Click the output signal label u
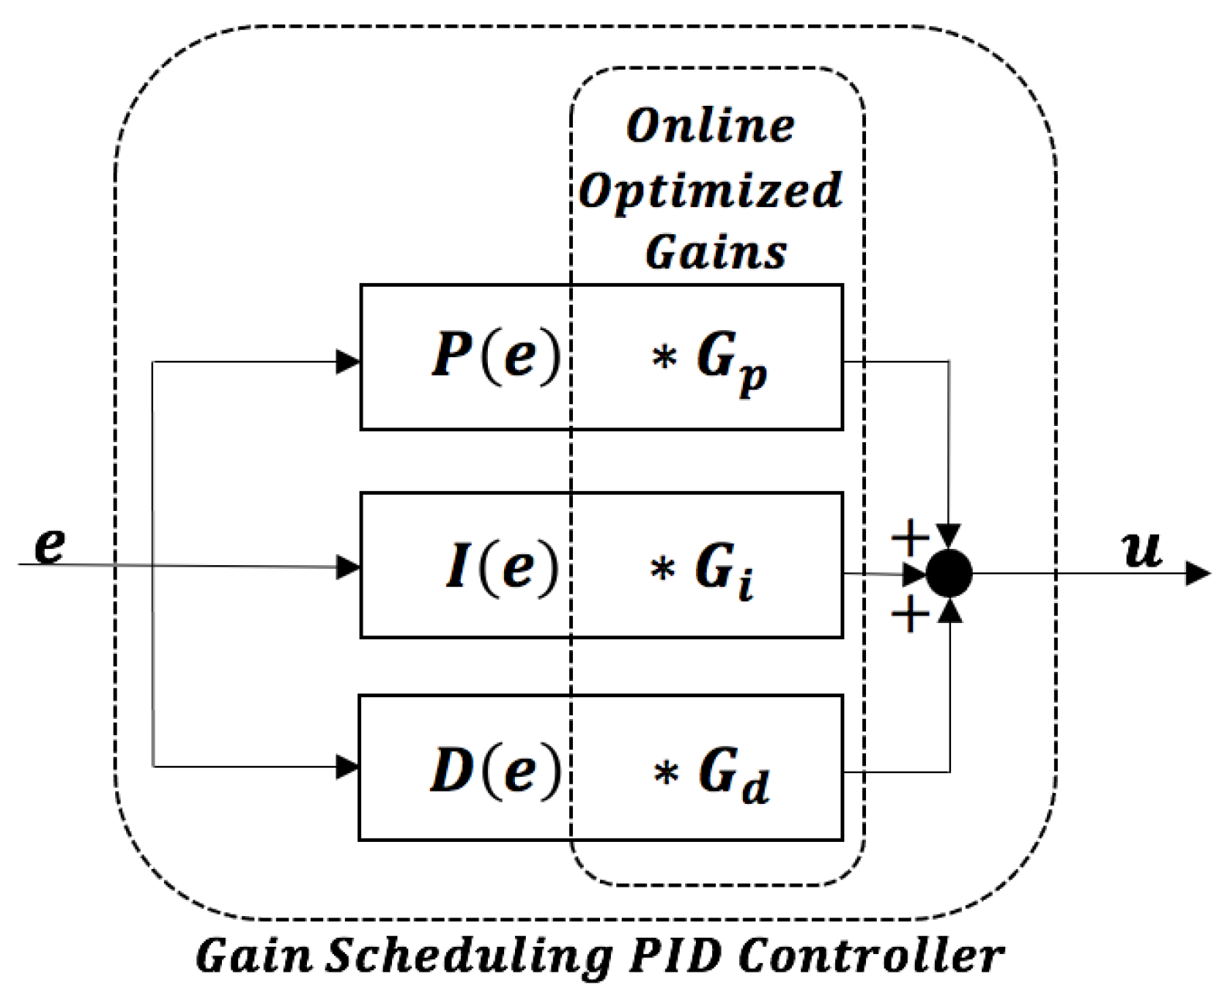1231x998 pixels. (1141, 550)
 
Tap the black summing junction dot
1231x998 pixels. (949, 574)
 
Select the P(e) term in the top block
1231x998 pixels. (495, 356)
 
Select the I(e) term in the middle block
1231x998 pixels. (502, 566)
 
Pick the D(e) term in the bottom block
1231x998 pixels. (495, 770)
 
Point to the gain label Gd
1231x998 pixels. (734, 775)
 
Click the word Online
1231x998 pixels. (710, 126)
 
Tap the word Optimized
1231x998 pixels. (710, 191)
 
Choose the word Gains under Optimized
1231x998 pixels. (716, 252)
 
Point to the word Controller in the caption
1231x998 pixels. (871, 955)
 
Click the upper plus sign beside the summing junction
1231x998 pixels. (910, 536)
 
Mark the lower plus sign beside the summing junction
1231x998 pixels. (910, 615)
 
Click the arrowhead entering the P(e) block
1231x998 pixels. (348, 361)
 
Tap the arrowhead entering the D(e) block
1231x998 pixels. (348, 767)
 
